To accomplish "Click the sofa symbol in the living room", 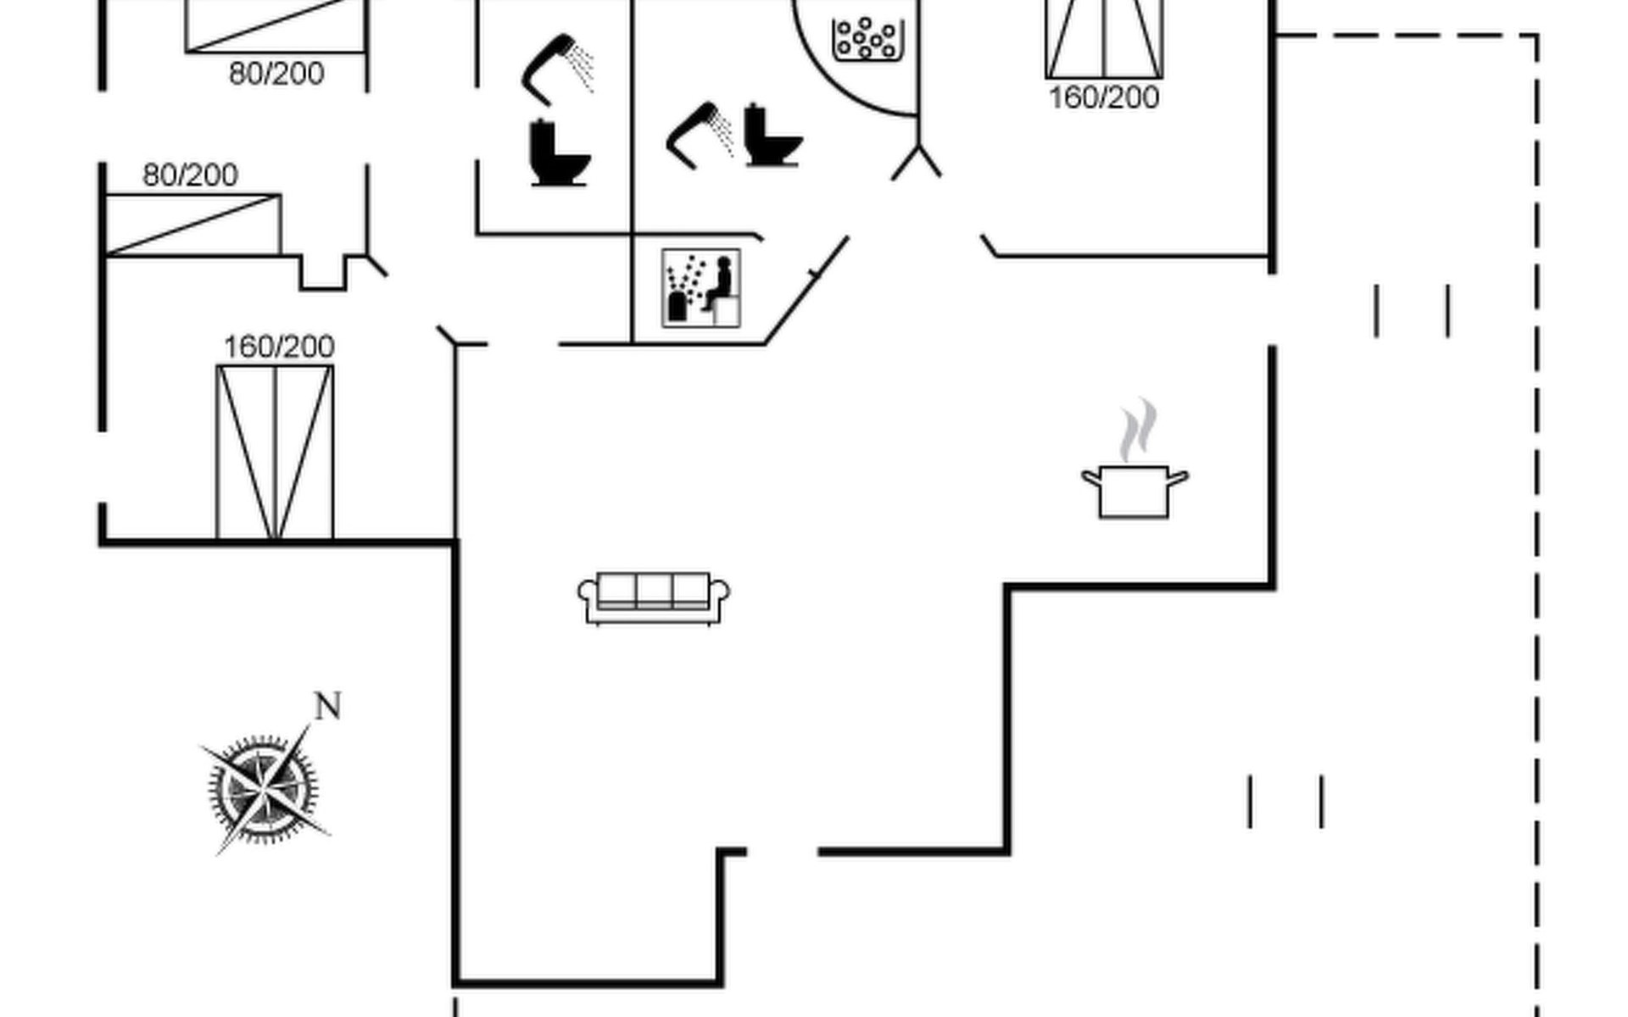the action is tap(654, 598).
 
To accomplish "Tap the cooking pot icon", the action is tap(1135, 491).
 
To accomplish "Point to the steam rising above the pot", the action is tap(1137, 430).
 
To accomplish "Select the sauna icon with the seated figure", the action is tap(701, 288).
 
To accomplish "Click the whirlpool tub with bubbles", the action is tap(865, 39).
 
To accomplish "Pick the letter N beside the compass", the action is tap(328, 706).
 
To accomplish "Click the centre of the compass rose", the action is tap(265, 789).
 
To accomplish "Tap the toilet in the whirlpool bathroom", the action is tap(772, 136).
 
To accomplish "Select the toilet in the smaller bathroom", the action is tap(559, 153).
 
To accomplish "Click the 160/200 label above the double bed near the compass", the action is tap(279, 347).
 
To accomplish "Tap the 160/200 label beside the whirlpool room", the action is tap(1104, 97).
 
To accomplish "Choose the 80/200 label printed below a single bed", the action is tap(276, 74).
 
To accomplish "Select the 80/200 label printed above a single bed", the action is tap(190, 175).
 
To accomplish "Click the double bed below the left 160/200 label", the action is tap(275, 453).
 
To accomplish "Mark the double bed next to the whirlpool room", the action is tap(1104, 39).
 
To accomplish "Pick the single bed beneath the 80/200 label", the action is tap(192, 225).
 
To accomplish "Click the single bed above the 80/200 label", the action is tap(276, 26).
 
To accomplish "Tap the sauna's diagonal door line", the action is tap(806, 291).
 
